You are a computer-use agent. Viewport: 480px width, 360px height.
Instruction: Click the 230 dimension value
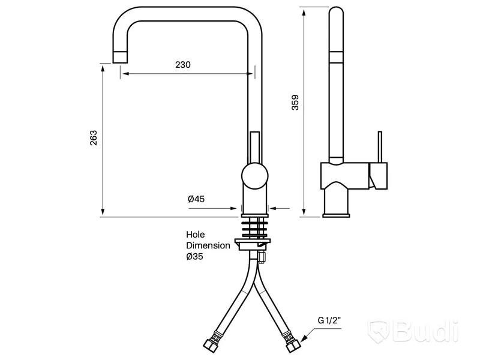[183, 65]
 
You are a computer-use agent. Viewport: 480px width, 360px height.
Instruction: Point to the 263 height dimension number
[94, 138]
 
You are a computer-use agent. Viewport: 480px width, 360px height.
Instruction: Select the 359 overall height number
[295, 103]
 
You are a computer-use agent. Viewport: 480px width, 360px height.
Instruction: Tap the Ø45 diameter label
[196, 199]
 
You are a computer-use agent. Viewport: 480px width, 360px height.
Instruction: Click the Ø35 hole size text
[194, 256]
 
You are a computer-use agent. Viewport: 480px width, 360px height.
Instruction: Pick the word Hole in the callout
[196, 235]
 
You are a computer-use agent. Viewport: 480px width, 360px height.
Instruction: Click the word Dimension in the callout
[208, 245]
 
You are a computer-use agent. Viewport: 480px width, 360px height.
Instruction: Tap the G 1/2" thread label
[329, 320]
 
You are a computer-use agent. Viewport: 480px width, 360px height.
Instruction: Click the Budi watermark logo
[413, 331]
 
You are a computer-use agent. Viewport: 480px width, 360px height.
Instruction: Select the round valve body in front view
[254, 176]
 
